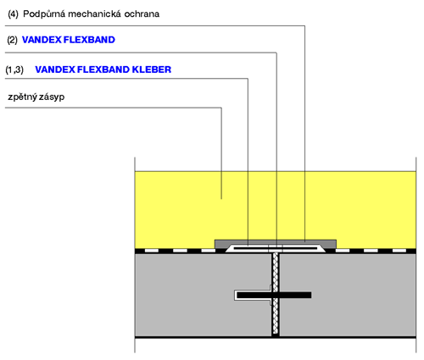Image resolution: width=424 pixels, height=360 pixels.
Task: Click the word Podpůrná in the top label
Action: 44,14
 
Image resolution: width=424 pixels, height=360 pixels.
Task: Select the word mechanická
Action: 95,14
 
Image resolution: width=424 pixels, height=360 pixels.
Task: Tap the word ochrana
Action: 142,14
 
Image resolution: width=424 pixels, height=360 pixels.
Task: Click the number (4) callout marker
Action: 13,14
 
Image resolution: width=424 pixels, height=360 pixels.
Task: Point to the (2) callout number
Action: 12,40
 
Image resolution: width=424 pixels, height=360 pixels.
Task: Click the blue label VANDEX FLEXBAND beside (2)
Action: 69,40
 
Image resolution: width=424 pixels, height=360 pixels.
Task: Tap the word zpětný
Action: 23,97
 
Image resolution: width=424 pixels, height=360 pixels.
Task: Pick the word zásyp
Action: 52,97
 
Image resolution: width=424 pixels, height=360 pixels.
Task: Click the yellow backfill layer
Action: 176,209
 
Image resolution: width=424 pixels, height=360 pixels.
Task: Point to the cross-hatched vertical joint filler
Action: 276,294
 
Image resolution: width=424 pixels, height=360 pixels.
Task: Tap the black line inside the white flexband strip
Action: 276,248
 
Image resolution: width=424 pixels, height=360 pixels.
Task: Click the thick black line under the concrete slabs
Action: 276,337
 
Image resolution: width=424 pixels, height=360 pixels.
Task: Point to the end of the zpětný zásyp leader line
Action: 221,199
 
